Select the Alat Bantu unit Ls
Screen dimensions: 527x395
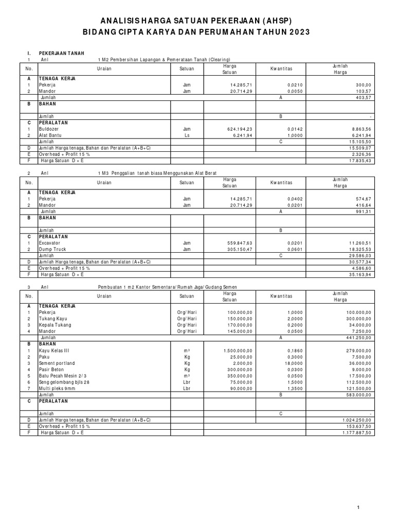pyautogui.click(x=187, y=135)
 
